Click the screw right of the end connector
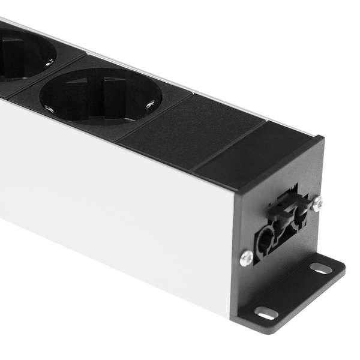(317, 203)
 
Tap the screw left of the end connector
(246, 258)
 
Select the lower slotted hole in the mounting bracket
(266, 313)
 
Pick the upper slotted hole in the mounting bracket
(321, 268)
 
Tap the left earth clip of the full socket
(49, 109)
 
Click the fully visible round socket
(100, 96)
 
